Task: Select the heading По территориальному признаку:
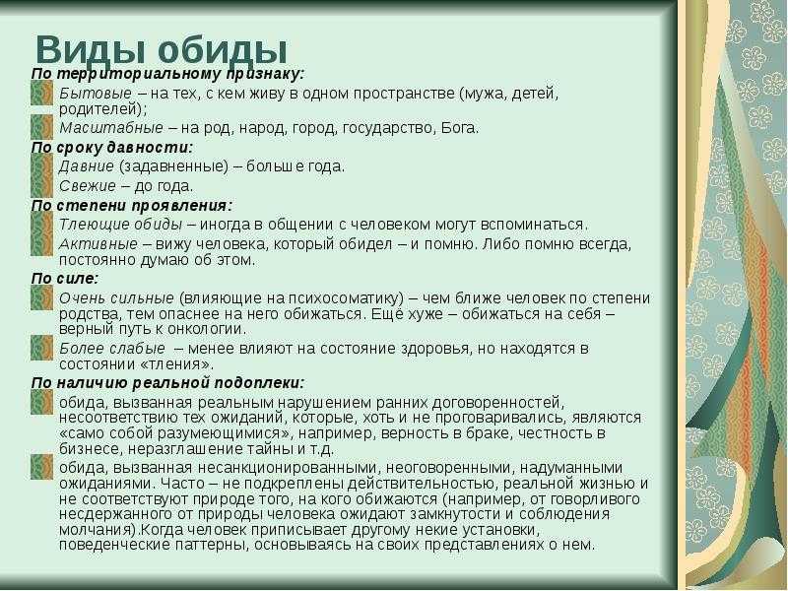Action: [167, 74]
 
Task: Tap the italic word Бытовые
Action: [96, 93]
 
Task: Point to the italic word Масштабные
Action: [111, 128]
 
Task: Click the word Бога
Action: [459, 128]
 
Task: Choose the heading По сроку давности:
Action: [112, 148]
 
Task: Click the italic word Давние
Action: [87, 165]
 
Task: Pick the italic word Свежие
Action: [88, 186]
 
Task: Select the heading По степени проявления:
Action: [132, 206]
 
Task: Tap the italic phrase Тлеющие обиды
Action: [120, 225]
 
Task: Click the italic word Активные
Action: [98, 243]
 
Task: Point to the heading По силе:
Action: [65, 279]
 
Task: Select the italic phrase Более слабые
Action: [112, 349]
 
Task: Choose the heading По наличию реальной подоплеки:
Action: [167, 383]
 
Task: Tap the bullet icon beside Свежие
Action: [41, 186]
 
